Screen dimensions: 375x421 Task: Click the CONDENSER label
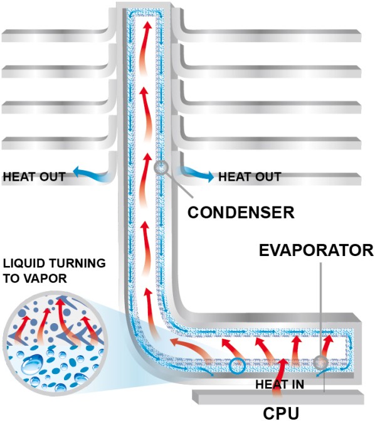[x=241, y=213]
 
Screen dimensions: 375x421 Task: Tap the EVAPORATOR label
[x=316, y=250]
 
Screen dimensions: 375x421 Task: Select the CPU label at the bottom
[x=280, y=413]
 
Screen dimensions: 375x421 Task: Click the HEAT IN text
[x=280, y=384]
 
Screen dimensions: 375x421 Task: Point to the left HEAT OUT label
[x=34, y=177]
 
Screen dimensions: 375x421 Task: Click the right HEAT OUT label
[x=250, y=177]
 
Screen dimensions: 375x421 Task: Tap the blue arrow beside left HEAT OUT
[x=91, y=174]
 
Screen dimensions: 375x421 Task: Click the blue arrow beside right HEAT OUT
[x=195, y=174]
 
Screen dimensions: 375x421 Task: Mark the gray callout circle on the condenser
[x=161, y=168]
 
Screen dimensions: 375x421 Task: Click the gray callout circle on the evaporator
[x=320, y=363]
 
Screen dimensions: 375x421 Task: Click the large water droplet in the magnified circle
[x=32, y=363]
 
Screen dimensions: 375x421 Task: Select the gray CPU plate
[x=278, y=397]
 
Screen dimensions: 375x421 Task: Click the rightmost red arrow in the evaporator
[x=328, y=347]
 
